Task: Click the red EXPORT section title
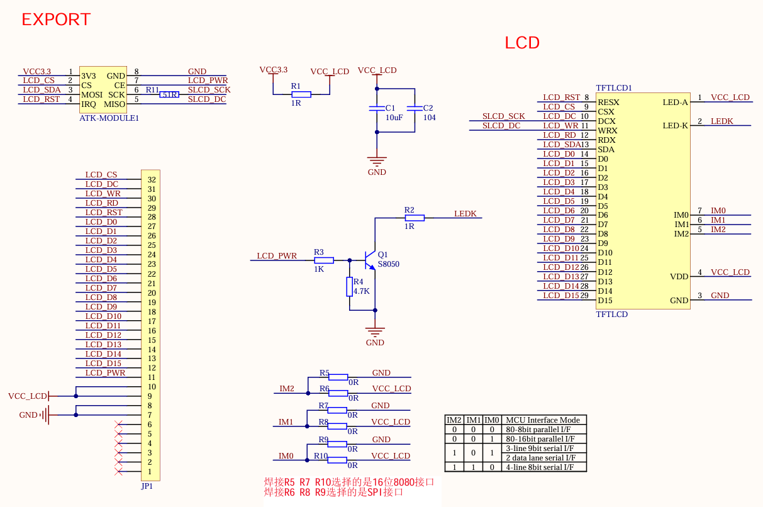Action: [56, 19]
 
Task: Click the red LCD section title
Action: [522, 43]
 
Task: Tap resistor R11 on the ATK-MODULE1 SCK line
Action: [169, 94]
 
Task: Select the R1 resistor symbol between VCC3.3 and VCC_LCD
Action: [301, 94]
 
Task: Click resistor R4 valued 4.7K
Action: [349, 287]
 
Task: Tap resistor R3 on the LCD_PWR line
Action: [323, 260]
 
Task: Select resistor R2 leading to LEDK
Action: [415, 218]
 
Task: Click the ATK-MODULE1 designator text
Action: [109, 118]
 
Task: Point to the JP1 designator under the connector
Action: [147, 486]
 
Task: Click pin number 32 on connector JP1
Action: [152, 180]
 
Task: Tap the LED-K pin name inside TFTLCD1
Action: [675, 126]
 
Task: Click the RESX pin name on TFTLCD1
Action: [608, 103]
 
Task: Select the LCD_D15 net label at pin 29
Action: [560, 296]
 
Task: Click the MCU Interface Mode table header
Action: [545, 420]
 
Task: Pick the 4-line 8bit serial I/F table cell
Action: [540, 467]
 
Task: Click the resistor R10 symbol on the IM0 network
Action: [338, 460]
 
